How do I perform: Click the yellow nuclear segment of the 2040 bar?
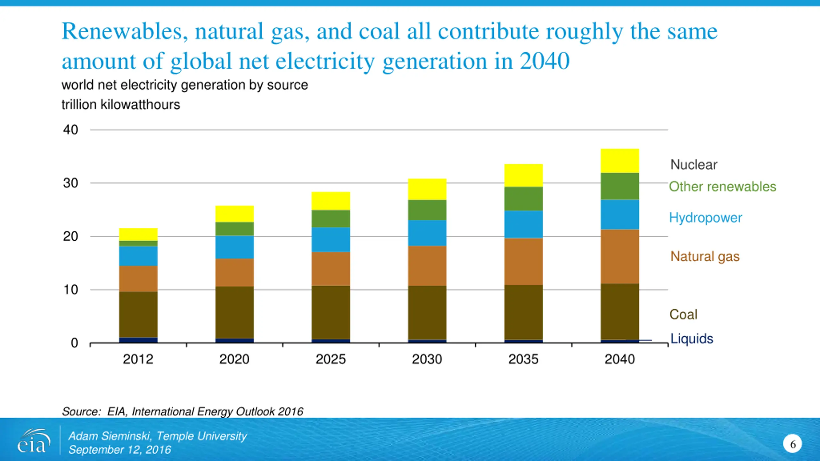(x=619, y=161)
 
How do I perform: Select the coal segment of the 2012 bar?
(x=138, y=314)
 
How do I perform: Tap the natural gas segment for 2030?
(x=427, y=266)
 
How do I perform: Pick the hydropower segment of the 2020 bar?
(x=234, y=247)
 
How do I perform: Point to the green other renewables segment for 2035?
(x=523, y=199)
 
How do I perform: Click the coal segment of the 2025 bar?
(x=331, y=312)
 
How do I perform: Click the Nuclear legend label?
(x=694, y=165)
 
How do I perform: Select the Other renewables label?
(x=723, y=187)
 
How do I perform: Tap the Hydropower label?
(x=706, y=218)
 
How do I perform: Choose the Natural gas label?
(x=705, y=256)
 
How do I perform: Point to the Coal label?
(x=683, y=314)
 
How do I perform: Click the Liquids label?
(x=692, y=339)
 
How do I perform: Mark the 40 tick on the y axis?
(x=70, y=130)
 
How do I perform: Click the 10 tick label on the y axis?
(x=71, y=290)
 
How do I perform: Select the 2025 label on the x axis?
(x=331, y=359)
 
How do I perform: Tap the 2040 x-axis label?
(x=619, y=359)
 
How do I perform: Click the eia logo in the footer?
(x=34, y=441)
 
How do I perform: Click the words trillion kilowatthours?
(x=121, y=105)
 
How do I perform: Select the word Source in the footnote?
(x=81, y=411)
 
